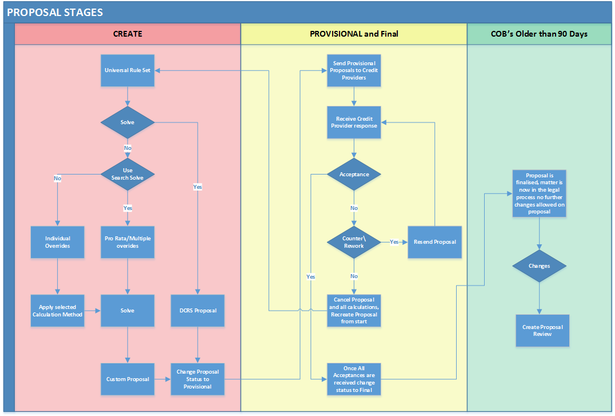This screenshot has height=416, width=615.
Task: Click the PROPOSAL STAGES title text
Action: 55,12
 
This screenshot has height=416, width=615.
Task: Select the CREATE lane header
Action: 127,34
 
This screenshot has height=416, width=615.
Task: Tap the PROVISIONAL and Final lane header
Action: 354,34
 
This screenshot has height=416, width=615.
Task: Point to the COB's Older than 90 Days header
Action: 539,34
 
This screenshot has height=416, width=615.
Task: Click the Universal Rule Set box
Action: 127,70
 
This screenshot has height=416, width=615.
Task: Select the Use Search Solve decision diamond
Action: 127,174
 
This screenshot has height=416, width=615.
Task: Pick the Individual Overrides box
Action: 57,242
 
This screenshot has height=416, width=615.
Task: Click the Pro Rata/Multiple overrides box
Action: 127,242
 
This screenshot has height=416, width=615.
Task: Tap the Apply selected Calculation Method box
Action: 57,311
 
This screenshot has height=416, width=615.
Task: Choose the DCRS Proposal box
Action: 197,311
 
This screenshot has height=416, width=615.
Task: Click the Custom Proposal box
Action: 127,379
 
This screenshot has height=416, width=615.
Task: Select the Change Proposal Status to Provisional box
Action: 197,379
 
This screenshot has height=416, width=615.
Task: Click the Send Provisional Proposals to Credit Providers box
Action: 354,70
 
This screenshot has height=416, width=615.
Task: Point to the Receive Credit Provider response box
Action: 354,122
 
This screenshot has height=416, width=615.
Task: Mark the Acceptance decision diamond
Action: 354,174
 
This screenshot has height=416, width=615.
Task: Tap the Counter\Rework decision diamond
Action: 354,242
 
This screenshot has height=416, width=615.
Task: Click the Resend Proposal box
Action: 434,242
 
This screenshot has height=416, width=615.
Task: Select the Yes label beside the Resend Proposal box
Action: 394,242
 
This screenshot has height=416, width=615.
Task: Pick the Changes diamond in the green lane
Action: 539,266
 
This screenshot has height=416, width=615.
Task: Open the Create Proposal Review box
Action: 542,330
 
